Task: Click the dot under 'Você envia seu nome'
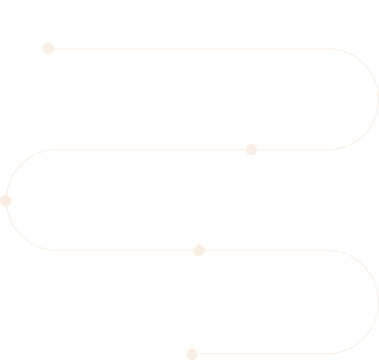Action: (48, 48)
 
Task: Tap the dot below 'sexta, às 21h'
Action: (251, 149)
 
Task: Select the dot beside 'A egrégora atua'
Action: (6, 201)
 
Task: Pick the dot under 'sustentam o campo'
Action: (199, 250)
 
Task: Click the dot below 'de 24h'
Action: (192, 354)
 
